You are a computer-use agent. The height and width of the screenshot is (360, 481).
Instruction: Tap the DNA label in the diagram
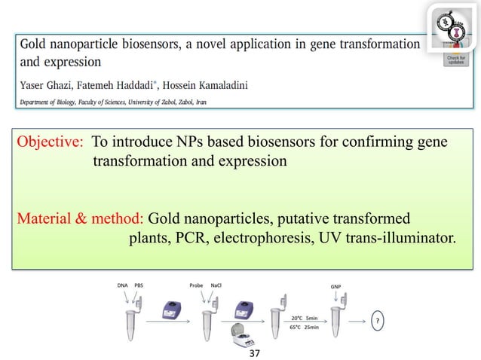[122, 286]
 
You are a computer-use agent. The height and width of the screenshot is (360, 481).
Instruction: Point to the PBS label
[139, 286]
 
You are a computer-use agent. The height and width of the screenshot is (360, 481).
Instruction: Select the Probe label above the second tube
[196, 286]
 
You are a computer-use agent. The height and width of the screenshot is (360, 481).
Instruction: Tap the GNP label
[336, 287]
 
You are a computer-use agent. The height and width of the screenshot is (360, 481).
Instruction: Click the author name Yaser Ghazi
[47, 84]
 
